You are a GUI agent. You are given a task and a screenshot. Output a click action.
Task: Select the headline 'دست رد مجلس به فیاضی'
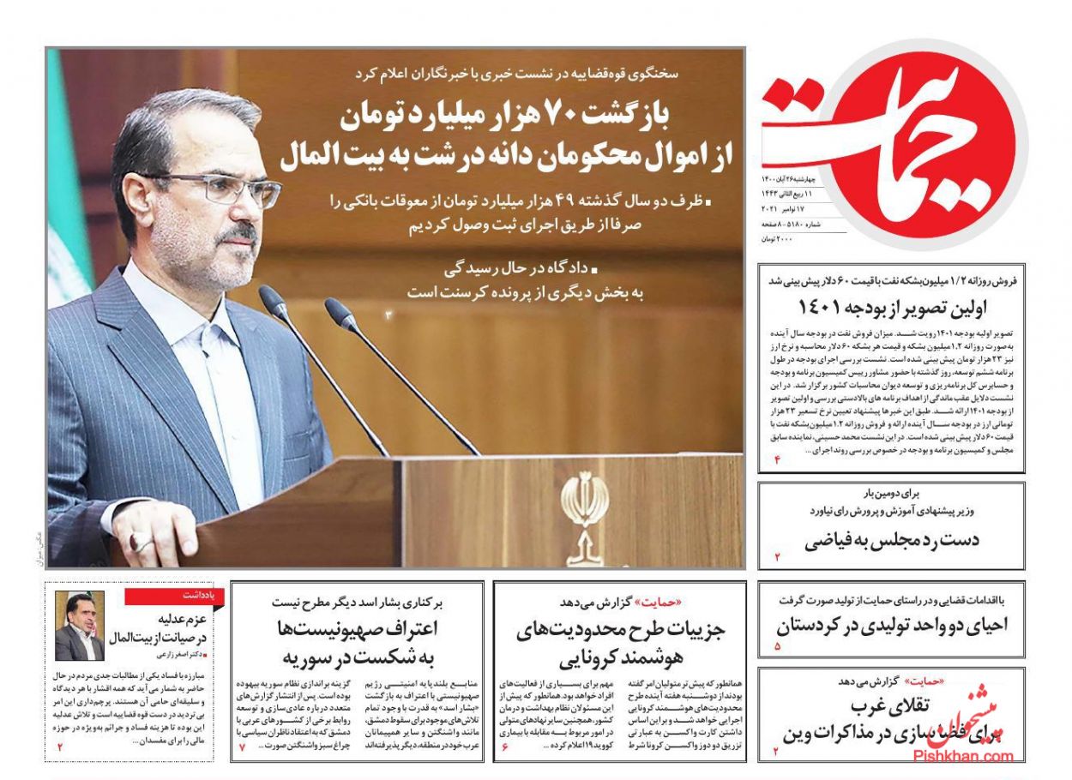[x=892, y=541]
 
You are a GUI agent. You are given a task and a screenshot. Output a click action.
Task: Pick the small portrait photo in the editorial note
[x=80, y=626]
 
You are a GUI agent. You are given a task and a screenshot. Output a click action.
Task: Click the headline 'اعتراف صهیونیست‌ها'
[x=358, y=628]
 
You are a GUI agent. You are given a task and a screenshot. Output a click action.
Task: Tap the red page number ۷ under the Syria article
[x=242, y=747]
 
